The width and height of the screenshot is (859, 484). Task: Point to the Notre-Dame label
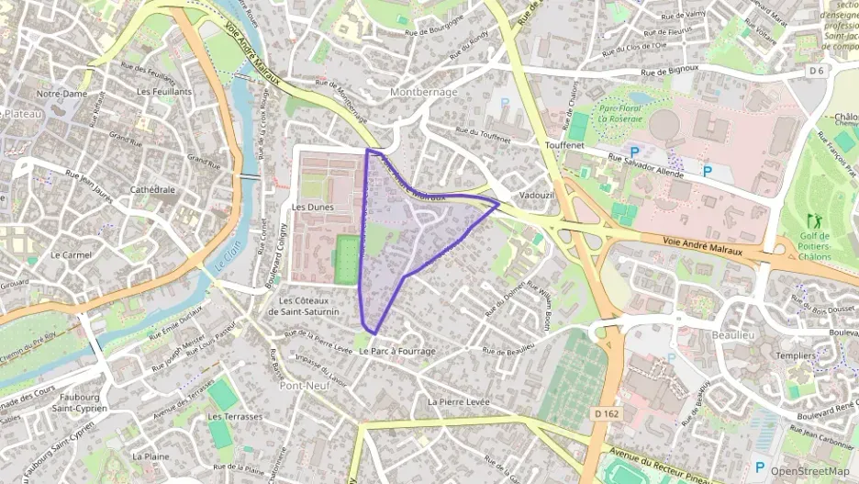point(61,94)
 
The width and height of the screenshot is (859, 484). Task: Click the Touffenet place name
point(564,146)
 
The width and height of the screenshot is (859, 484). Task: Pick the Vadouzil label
point(537,196)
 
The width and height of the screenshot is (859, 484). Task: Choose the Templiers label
point(769,355)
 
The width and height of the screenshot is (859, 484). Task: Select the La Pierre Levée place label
point(459,402)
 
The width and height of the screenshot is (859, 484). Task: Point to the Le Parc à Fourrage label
point(397,352)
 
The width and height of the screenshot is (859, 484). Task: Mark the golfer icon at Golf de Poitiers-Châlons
point(813,221)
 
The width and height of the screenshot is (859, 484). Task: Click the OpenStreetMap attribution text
point(809,470)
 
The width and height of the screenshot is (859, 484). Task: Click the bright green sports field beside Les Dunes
point(347,259)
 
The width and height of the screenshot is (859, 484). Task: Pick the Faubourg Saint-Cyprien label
point(79,402)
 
